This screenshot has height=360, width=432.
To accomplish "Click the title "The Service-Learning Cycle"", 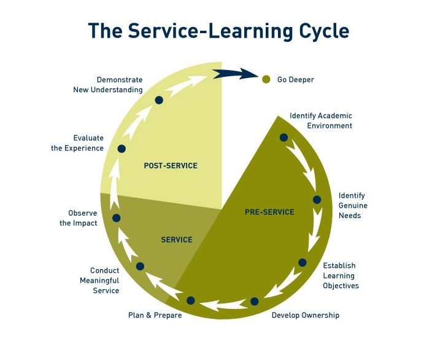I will pyautogui.click(x=218, y=31).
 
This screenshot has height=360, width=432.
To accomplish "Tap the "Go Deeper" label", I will pyautogui.click(x=296, y=79).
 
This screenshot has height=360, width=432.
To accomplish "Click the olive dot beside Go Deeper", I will pyautogui.click(x=266, y=79).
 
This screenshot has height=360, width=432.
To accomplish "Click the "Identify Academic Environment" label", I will pyautogui.click(x=321, y=120).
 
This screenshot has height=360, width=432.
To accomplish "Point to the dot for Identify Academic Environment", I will pyautogui.click(x=283, y=138).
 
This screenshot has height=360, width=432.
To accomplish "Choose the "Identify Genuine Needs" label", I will pyautogui.click(x=353, y=206).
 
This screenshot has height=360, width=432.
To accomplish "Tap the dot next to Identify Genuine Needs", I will pyautogui.click(x=317, y=200).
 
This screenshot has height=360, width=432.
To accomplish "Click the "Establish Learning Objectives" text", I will pyautogui.click(x=341, y=276).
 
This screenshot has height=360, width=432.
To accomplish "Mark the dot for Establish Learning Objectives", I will pyautogui.click(x=303, y=262).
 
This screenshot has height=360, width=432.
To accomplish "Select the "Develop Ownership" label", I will pyautogui.click(x=305, y=315).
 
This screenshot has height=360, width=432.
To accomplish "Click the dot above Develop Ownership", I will pyautogui.click(x=254, y=302).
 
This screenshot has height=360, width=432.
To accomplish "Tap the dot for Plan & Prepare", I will pyautogui.click(x=191, y=300).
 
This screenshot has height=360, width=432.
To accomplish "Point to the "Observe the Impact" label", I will pyautogui.click(x=79, y=218).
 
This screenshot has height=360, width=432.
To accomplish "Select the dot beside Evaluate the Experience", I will pyautogui.click(x=121, y=149).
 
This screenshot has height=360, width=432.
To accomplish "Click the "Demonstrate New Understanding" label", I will pyautogui.click(x=120, y=85).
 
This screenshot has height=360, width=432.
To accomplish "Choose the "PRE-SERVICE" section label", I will pyautogui.click(x=269, y=212).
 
